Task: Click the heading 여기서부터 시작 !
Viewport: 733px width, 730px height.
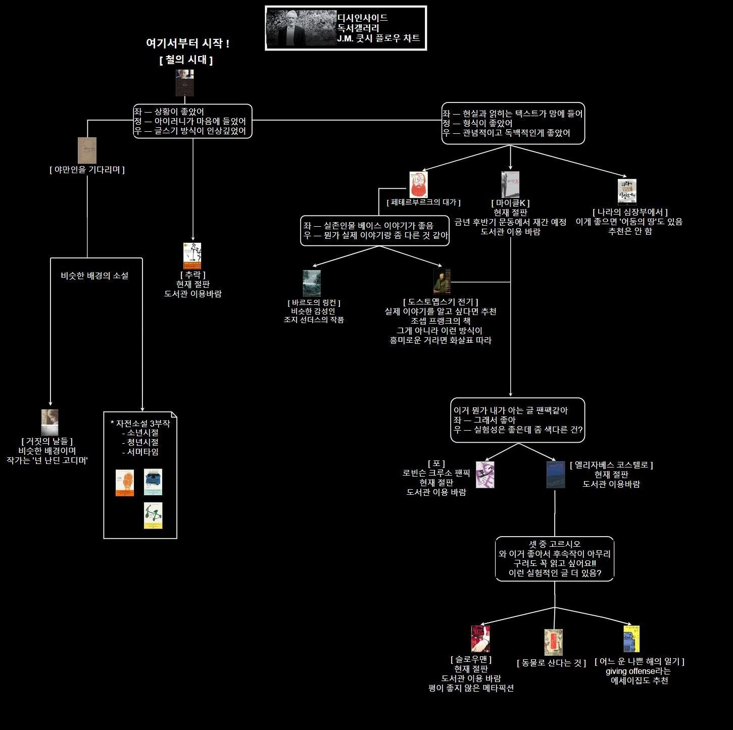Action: [187, 43]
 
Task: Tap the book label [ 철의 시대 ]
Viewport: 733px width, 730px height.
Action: [186, 60]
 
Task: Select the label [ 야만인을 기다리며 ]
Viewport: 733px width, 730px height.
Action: [87, 170]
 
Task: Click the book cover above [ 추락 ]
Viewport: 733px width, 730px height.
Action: [192, 256]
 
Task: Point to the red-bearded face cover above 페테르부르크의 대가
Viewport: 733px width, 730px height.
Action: [418, 185]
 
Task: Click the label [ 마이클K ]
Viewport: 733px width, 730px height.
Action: [510, 203]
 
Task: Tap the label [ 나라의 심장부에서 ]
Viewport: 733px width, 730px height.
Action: [629, 212]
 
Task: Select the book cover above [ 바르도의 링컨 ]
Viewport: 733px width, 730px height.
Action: [312, 283]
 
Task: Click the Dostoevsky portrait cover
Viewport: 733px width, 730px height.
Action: [442, 281]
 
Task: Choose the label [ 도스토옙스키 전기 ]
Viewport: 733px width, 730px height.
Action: [441, 302]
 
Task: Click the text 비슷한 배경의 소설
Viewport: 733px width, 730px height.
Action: [94, 276]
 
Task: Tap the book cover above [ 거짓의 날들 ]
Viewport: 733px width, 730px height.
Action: [50, 423]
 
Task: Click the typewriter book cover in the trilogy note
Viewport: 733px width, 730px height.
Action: [153, 482]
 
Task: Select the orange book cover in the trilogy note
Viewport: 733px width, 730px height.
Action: [125, 483]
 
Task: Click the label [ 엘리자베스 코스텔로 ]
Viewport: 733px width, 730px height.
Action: [611, 465]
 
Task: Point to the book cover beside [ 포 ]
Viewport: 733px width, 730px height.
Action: [485, 475]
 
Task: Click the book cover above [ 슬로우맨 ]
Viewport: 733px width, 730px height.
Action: [480, 639]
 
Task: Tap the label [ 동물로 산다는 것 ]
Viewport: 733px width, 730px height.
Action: [551, 663]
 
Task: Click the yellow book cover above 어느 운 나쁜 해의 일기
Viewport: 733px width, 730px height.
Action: [631, 639]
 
